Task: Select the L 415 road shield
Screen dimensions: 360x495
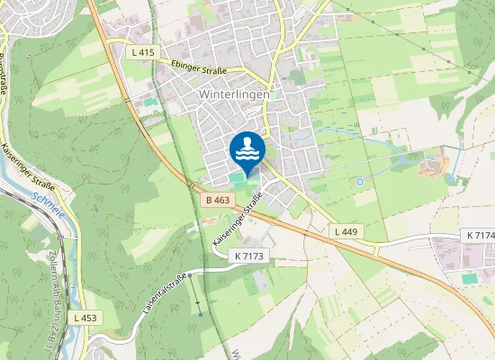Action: (x=143, y=53)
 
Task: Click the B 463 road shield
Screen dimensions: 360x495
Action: (x=218, y=200)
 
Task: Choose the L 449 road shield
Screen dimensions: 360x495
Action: (x=346, y=231)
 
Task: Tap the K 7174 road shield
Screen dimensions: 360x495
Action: (x=481, y=235)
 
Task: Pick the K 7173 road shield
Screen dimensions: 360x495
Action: (x=249, y=256)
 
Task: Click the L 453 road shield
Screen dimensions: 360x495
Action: (x=85, y=318)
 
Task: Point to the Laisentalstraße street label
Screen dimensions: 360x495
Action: (x=163, y=292)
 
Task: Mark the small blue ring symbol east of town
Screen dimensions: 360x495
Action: (x=359, y=182)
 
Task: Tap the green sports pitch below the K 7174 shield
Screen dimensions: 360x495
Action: (x=469, y=279)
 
